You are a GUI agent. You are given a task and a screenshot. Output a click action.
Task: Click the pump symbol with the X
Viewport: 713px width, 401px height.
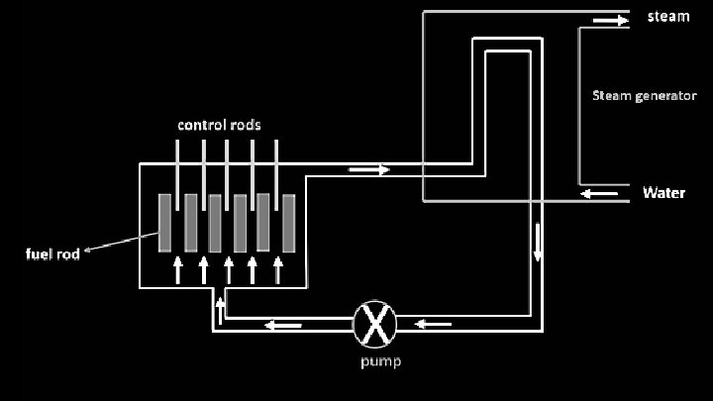(375, 324)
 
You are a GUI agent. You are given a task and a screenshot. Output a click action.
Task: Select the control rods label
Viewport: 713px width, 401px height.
(219, 125)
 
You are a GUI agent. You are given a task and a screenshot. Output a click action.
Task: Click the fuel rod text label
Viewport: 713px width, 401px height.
(51, 253)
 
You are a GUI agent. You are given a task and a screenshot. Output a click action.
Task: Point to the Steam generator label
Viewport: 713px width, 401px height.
(645, 96)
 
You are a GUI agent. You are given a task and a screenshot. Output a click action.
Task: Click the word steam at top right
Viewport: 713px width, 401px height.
(667, 17)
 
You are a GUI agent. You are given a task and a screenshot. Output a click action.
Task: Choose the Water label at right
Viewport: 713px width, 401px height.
(663, 192)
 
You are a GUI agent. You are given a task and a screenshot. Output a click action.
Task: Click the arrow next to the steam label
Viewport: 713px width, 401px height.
(610, 19)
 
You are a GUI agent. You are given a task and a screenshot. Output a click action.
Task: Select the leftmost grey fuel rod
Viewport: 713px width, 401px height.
(166, 223)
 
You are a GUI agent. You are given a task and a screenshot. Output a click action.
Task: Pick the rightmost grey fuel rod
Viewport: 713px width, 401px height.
(289, 223)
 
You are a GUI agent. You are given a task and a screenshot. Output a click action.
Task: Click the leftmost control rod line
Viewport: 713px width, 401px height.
(178, 164)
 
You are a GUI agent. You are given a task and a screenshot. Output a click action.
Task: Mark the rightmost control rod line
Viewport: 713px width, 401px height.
(276, 164)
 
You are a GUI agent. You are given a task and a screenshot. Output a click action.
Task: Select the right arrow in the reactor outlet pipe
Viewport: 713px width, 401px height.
(369, 169)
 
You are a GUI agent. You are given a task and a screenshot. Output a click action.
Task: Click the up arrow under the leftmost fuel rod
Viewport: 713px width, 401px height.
(178, 269)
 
